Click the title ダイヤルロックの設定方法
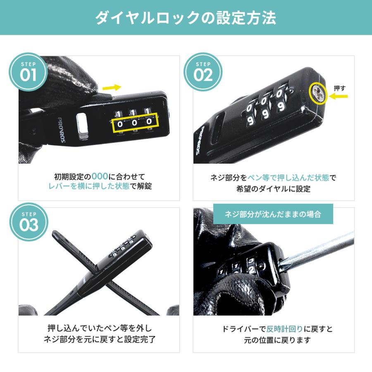(186, 18)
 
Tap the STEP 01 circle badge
(28, 72)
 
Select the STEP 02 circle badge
(203, 72)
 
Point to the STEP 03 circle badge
(28, 222)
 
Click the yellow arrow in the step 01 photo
(112, 87)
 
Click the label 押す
(339, 88)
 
